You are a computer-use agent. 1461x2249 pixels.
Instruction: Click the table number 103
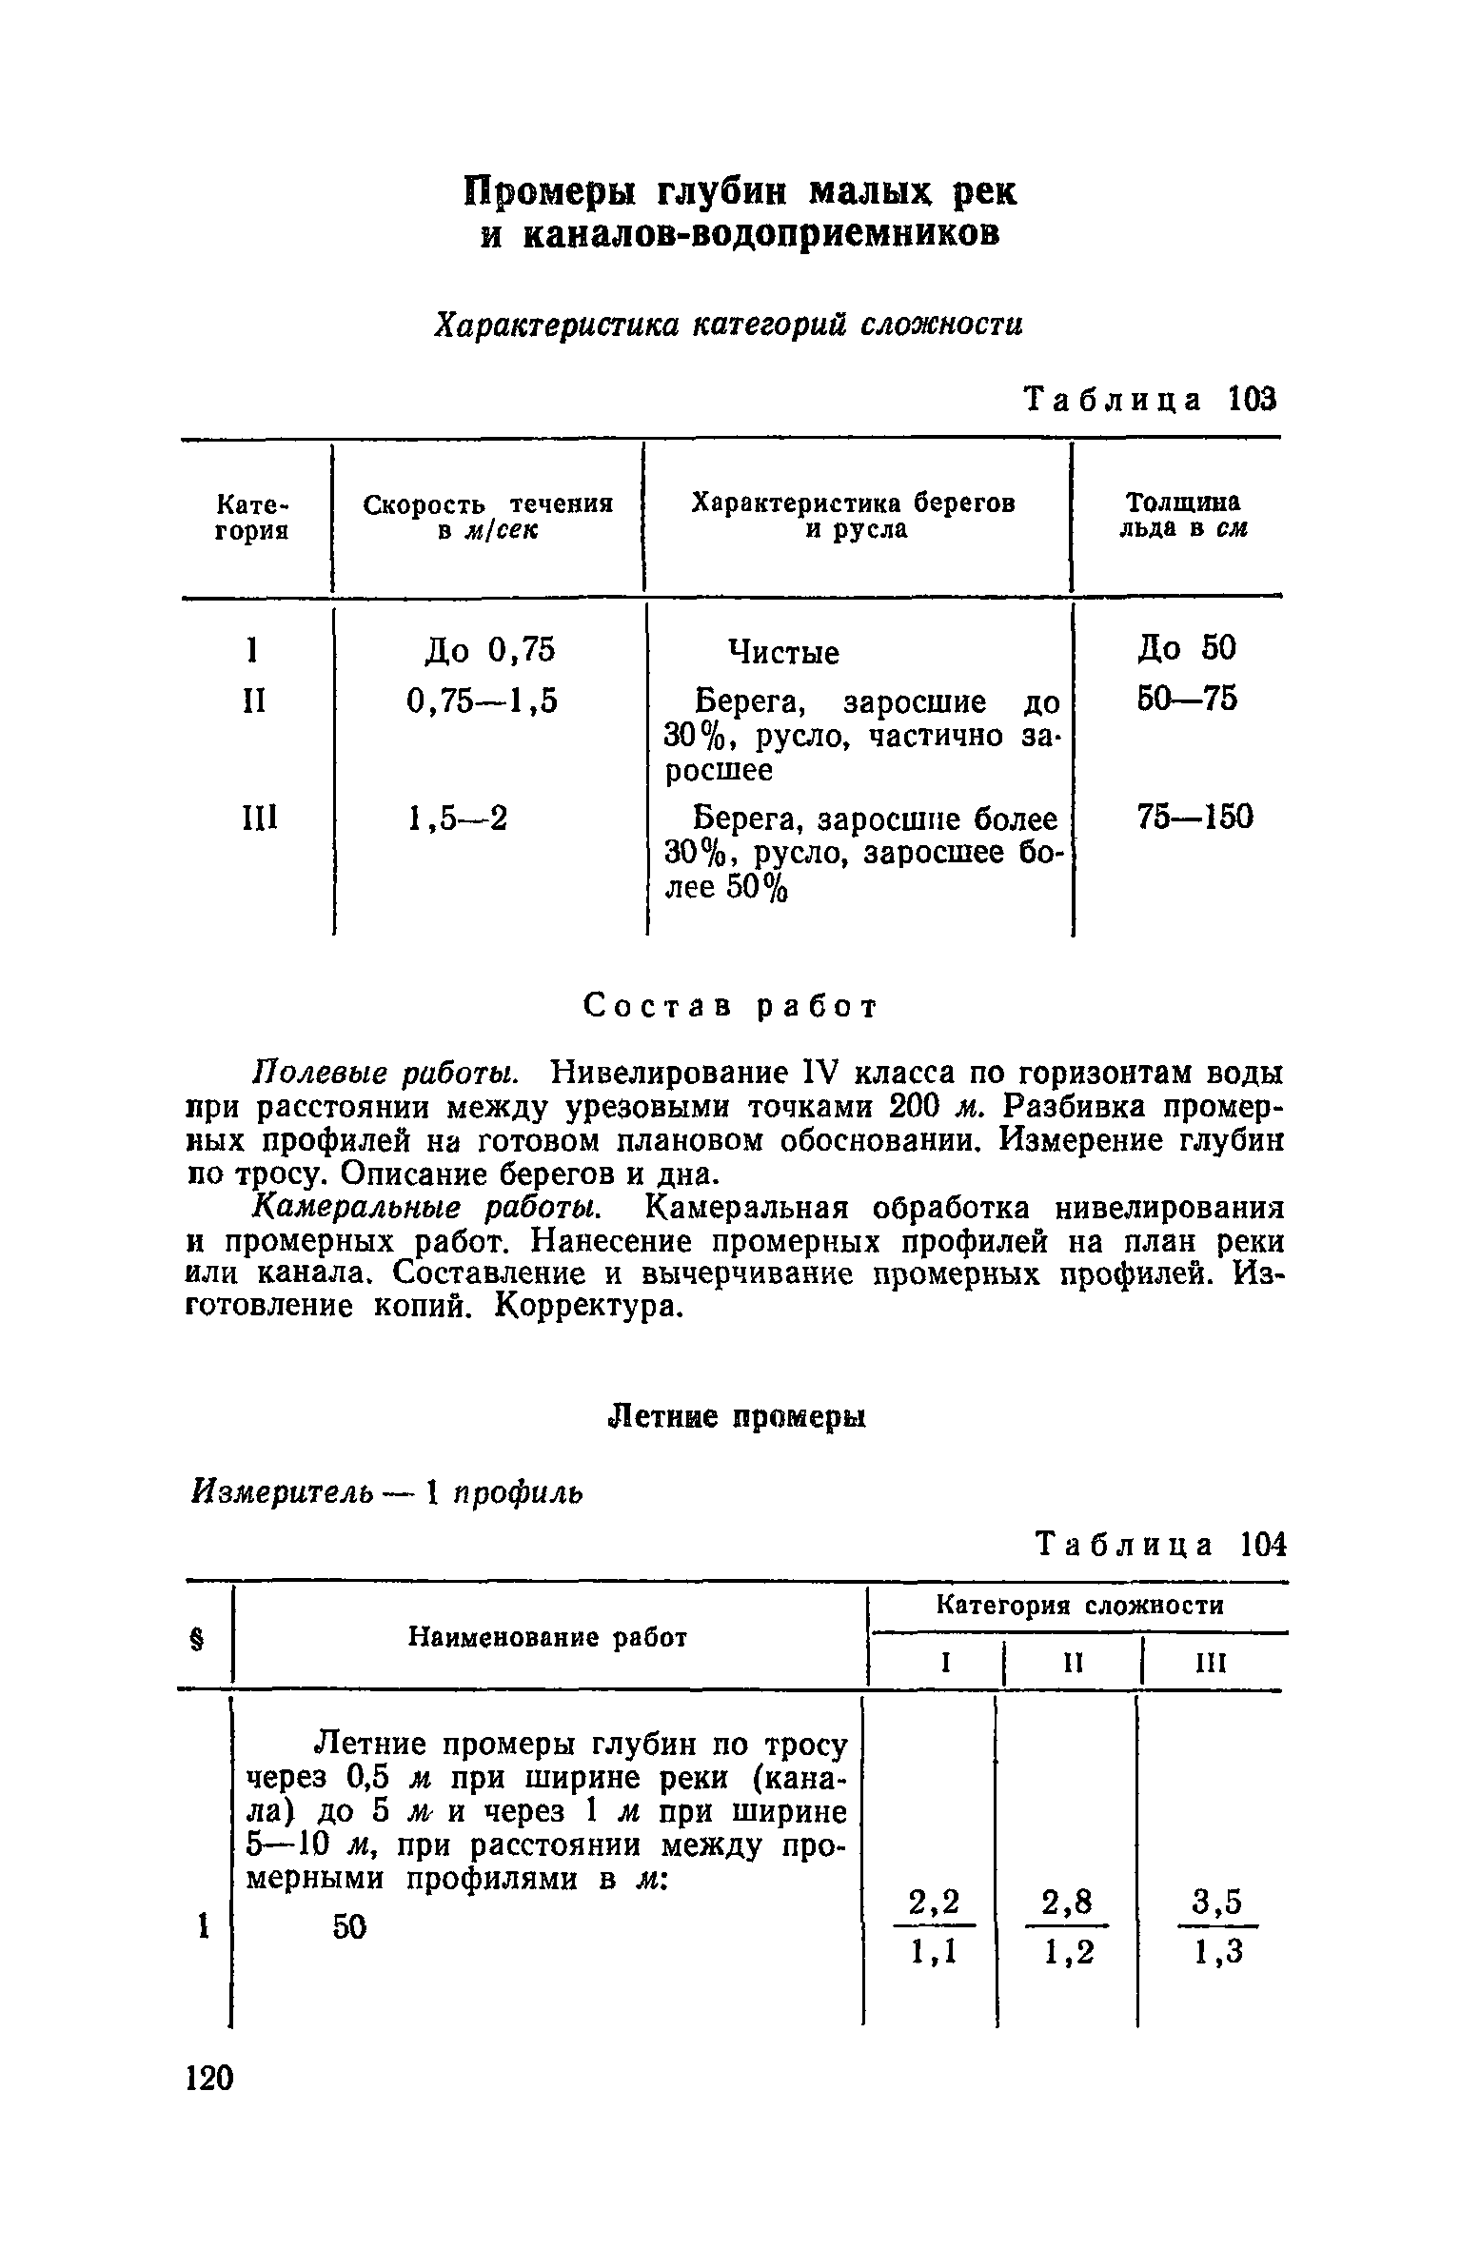click(1250, 399)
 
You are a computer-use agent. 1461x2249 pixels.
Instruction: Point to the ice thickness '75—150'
click(1195, 817)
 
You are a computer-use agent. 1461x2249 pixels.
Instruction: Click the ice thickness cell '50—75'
click(1187, 699)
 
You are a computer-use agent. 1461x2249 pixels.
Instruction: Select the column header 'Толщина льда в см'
click(1182, 515)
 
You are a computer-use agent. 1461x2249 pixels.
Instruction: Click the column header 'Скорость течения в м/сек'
click(487, 517)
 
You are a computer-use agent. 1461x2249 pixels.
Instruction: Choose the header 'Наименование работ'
click(547, 1637)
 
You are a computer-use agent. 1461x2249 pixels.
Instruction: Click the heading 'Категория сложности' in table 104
click(1080, 1606)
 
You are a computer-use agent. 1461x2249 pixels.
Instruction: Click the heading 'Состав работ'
click(729, 1006)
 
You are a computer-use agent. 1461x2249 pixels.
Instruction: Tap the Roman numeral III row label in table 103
click(255, 818)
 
